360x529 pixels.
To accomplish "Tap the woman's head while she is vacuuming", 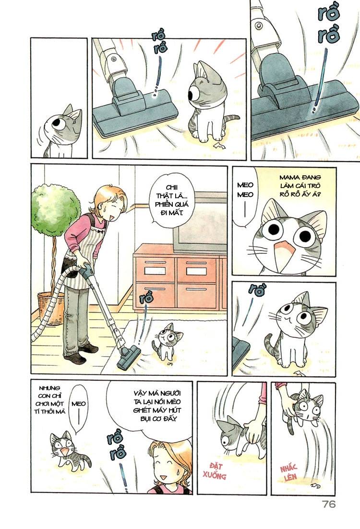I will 110,201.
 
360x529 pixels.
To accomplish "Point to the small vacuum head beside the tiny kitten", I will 129,357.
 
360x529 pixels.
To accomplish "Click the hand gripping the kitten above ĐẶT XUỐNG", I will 253,429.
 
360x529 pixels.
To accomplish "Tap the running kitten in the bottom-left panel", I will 67,452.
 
